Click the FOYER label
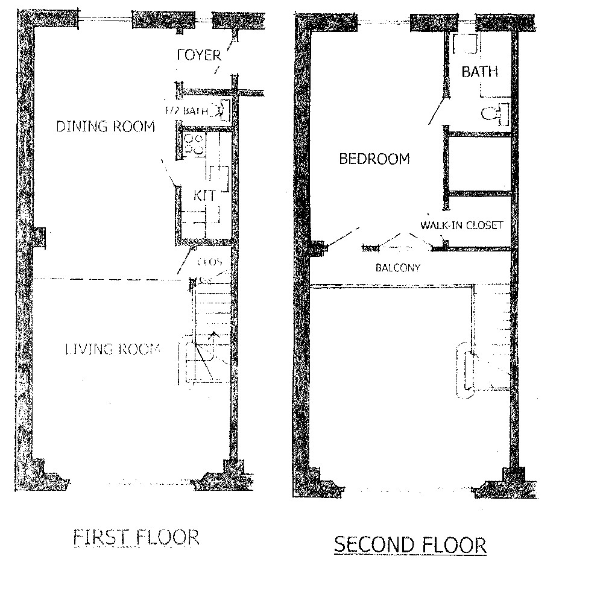click(199, 55)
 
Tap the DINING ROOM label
click(105, 127)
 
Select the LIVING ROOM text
click(112, 349)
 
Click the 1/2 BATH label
click(187, 111)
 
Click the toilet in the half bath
click(224, 110)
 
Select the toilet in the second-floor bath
click(496, 113)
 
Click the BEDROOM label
click(374, 159)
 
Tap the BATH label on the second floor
click(480, 72)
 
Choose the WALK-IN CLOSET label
click(462, 225)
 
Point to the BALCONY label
click(397, 267)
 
